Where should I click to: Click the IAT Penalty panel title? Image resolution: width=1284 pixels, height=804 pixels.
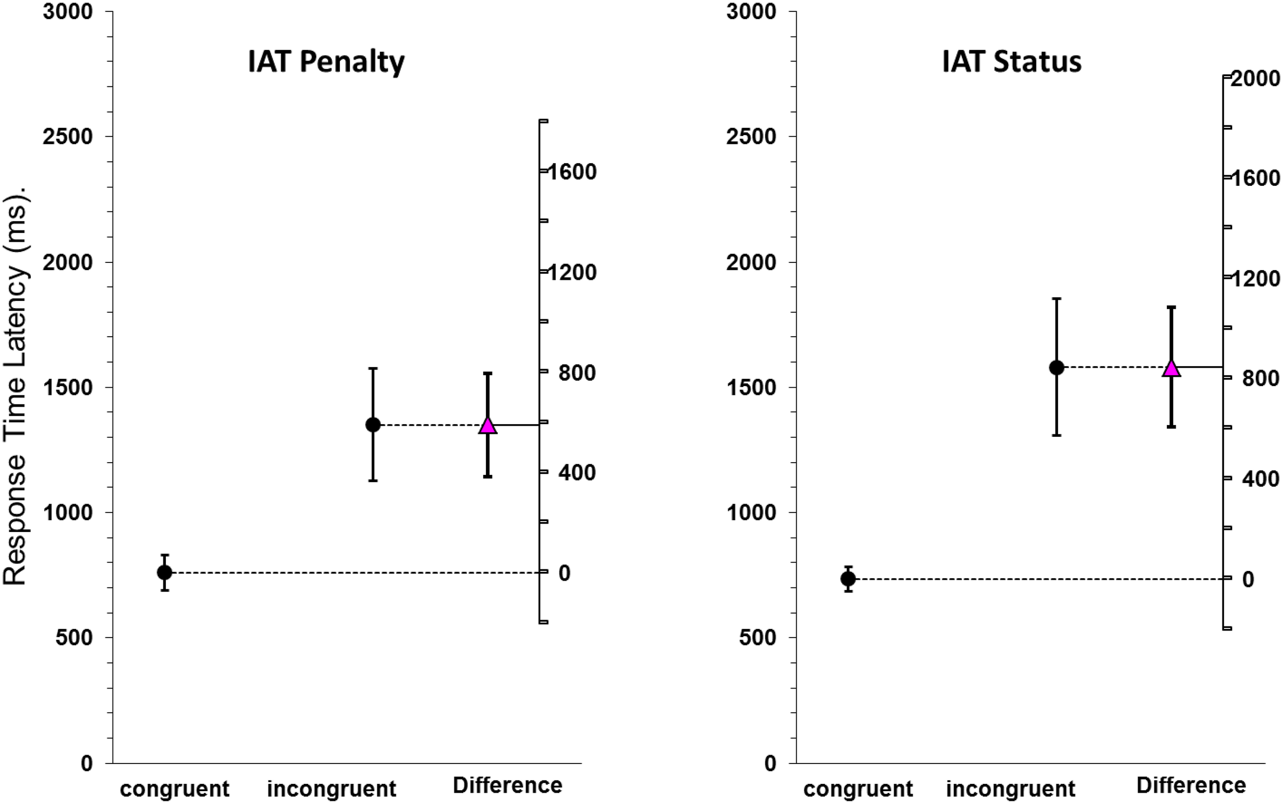[326, 62]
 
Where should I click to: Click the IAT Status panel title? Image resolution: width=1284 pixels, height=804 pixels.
[1011, 62]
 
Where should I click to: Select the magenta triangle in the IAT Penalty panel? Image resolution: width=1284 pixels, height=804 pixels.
[487, 426]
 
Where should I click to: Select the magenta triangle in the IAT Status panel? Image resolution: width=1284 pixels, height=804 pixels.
[1171, 368]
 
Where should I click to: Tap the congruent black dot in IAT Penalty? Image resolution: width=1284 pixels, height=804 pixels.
[165, 572]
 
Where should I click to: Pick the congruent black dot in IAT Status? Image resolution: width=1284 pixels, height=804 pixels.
[848, 579]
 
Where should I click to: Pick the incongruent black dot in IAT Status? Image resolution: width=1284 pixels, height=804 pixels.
[1056, 367]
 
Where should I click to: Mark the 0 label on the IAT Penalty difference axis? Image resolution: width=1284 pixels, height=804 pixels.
[564, 572]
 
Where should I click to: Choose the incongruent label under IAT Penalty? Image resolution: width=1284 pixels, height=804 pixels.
[331, 789]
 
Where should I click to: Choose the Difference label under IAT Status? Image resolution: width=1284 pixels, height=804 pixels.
[1191, 785]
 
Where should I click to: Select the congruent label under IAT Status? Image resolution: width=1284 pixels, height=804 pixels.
[858, 789]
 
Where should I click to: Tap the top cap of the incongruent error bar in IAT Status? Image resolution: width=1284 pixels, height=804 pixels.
[1056, 299]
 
